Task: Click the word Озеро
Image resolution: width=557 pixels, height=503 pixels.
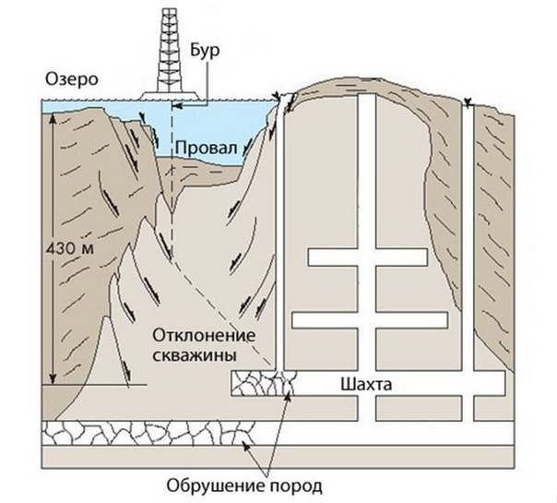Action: [71, 79]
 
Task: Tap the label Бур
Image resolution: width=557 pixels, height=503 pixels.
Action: [205, 51]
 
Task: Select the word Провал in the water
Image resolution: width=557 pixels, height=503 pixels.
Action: [206, 148]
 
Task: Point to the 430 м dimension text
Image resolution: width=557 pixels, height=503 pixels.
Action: [70, 248]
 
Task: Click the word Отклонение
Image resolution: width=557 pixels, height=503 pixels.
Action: [204, 336]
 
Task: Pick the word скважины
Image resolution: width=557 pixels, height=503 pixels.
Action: [195, 355]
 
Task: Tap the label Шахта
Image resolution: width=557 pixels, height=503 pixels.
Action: [366, 385]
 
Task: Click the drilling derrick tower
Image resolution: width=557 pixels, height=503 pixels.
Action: [170, 50]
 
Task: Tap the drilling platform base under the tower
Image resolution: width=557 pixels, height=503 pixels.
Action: [170, 96]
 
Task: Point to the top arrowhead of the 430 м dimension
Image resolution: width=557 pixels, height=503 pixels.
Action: [53, 118]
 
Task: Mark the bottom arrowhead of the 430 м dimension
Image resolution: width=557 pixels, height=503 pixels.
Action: [53, 379]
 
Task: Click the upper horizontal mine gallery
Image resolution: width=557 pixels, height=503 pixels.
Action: [367, 257]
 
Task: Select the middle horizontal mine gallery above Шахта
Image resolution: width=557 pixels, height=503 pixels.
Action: [370, 319]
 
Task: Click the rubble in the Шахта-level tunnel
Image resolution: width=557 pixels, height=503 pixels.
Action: [264, 383]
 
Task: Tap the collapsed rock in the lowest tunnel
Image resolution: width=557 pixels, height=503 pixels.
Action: [149, 433]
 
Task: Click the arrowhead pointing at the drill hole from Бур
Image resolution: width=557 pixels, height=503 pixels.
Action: [175, 105]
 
